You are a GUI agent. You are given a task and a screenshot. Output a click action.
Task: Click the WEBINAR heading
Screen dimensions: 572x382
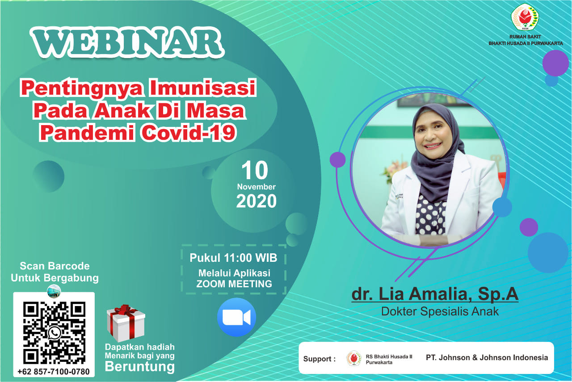(127, 42)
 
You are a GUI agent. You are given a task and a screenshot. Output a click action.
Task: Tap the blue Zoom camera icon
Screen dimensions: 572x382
(236, 317)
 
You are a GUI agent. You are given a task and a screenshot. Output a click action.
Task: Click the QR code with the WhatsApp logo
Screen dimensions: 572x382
(54, 333)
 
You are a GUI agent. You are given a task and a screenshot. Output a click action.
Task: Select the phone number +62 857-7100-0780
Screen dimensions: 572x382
(54, 372)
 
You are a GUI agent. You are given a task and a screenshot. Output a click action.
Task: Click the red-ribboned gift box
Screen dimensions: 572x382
(126, 323)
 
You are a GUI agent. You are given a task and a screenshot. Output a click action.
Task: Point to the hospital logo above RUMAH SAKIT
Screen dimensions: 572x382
(525, 17)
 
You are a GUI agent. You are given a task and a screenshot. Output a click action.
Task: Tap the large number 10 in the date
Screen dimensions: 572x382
(255, 170)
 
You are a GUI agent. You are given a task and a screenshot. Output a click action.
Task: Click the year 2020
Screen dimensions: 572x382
(257, 201)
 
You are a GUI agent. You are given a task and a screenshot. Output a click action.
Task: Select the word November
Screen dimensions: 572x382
(257, 187)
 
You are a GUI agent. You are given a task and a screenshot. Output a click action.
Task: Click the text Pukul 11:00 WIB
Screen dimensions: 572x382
(233, 258)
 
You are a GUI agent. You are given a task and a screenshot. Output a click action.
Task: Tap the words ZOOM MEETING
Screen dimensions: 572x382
(234, 284)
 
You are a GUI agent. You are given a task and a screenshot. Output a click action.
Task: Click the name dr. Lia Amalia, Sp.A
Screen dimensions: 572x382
(435, 294)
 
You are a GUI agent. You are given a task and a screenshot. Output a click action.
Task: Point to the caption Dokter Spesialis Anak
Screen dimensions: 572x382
(440, 311)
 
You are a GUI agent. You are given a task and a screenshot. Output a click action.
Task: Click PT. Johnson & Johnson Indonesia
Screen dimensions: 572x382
(487, 357)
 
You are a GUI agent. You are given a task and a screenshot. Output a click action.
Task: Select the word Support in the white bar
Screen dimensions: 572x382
(317, 359)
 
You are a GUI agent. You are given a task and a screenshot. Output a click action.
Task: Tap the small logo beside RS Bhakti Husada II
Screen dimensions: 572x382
(353, 358)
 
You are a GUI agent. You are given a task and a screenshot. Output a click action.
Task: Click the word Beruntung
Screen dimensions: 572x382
(140, 367)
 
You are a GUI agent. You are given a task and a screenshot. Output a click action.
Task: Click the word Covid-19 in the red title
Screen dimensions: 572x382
(188, 132)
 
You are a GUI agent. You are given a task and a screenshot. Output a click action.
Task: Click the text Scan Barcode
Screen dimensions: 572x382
(55, 266)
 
